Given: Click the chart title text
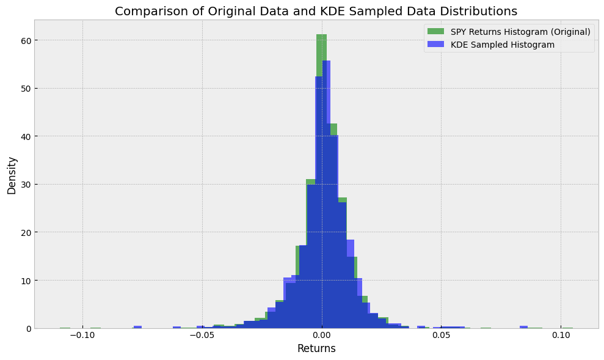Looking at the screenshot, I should (x=316, y=11).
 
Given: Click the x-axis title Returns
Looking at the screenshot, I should (x=316, y=348).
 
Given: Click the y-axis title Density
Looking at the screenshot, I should (x=12, y=175).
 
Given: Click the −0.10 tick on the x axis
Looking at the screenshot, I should (x=82, y=336).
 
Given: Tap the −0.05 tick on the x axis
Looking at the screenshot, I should (x=202, y=336).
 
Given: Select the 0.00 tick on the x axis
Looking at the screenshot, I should (x=322, y=336).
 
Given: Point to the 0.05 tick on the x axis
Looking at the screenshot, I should (x=441, y=336).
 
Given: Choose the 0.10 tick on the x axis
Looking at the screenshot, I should (x=561, y=336).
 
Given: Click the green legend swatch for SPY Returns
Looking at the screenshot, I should (x=436, y=32).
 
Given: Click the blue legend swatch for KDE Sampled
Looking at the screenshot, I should (x=436, y=45).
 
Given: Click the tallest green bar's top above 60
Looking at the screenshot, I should (x=321, y=35).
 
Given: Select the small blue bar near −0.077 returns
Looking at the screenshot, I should (x=137, y=327).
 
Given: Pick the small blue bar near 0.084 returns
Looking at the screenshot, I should (x=523, y=327).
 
